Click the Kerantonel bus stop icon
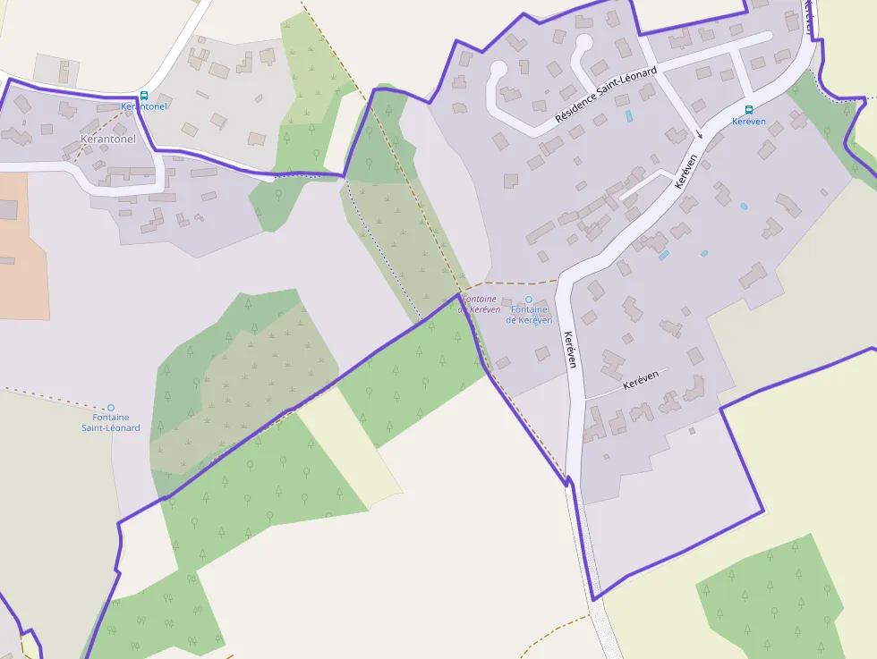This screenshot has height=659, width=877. (x=144, y=96)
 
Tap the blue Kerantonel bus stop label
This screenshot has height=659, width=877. (x=144, y=106)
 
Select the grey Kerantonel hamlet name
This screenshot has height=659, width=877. (x=107, y=139)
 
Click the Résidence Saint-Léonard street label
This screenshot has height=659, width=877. (x=606, y=94)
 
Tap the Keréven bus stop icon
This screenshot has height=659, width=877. (x=749, y=110)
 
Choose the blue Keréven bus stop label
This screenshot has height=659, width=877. (x=749, y=122)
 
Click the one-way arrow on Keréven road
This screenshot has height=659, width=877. (x=700, y=134)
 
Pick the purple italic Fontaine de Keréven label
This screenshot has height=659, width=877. (x=479, y=304)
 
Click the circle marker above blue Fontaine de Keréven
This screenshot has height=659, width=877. (x=528, y=300)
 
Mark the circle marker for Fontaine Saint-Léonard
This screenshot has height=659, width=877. (x=111, y=408)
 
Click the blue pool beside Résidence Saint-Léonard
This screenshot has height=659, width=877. (x=628, y=115)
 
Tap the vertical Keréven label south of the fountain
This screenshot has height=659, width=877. (x=570, y=350)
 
